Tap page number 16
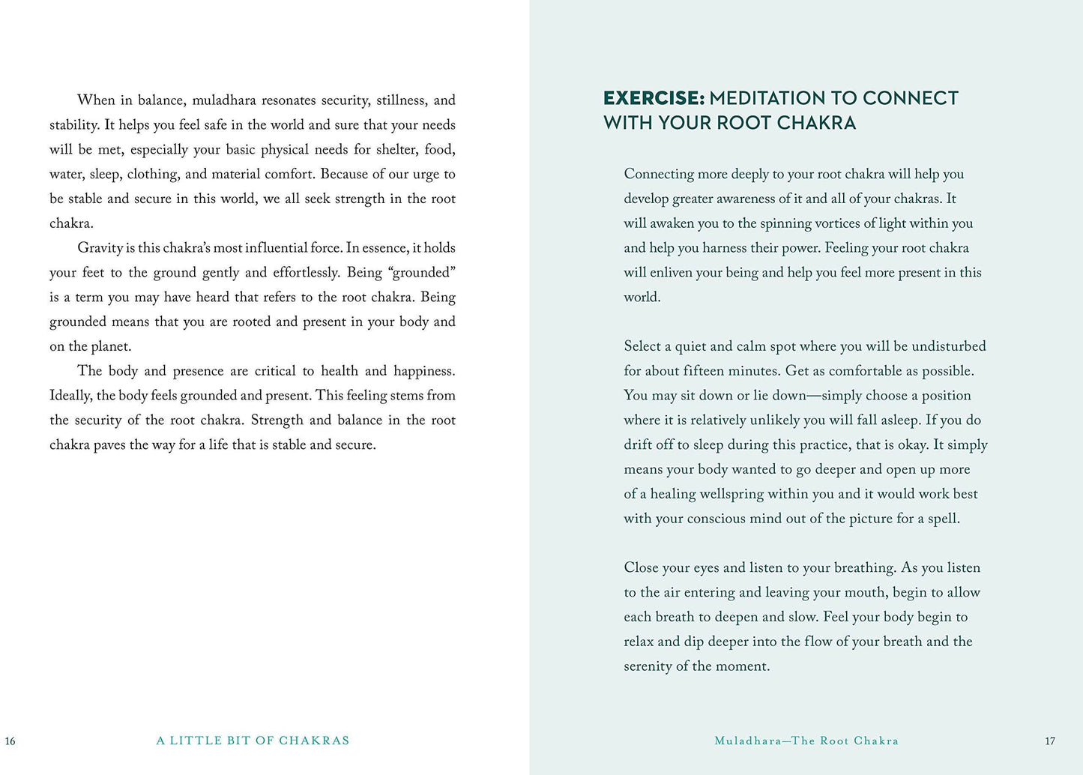[10, 741]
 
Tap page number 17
[1050, 741]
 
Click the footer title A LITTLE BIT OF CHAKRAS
[253, 741]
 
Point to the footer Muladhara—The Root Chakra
[806, 741]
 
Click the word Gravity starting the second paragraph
[100, 248]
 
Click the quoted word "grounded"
[422, 272]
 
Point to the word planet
[110, 346]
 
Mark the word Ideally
[70, 396]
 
